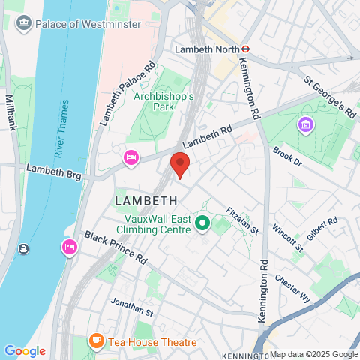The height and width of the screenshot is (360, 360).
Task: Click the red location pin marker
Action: (180, 163)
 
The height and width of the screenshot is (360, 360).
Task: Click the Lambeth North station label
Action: (204, 49)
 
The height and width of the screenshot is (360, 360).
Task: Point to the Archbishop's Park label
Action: (163, 102)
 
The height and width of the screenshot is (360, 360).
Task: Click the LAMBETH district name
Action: (146, 201)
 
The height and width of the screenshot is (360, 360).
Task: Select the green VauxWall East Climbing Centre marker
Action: (202, 223)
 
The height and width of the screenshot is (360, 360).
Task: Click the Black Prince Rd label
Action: (115, 247)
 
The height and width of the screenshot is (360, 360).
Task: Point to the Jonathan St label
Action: (131, 307)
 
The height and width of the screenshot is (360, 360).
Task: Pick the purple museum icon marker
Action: (305, 124)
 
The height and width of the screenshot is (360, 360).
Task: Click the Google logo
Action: (25, 351)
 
